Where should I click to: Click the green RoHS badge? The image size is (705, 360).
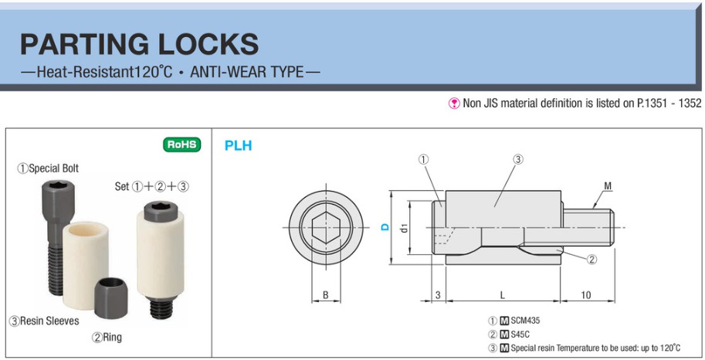181,144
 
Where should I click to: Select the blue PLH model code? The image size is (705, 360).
239,146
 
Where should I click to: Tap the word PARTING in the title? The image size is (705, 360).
84,44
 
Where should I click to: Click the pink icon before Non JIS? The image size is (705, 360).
454,104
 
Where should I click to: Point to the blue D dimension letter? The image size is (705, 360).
385,227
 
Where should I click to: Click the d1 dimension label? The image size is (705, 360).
404,228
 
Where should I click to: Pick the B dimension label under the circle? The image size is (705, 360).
326,295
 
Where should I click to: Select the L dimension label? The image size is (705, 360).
503,295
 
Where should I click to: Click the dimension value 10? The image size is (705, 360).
585,295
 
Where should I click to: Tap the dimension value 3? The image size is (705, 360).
438,295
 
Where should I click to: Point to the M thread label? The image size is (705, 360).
608,185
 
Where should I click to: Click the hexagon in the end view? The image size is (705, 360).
326,228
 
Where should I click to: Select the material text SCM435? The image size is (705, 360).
525,321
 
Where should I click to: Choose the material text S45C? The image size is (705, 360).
520,335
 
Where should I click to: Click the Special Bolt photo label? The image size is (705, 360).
48,168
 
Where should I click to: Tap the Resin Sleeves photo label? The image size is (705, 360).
44,321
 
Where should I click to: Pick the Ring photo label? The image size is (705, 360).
107,337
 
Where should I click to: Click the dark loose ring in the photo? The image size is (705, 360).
110,298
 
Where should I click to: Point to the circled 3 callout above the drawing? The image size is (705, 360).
518,159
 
